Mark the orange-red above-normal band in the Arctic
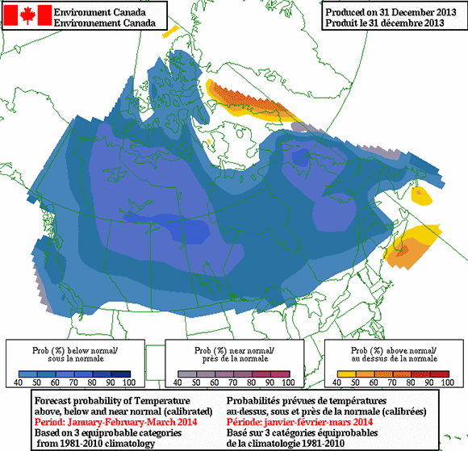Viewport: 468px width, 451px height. pyautogui.click(x=241, y=98)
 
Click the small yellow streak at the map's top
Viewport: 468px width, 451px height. pyautogui.click(x=169, y=35)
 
